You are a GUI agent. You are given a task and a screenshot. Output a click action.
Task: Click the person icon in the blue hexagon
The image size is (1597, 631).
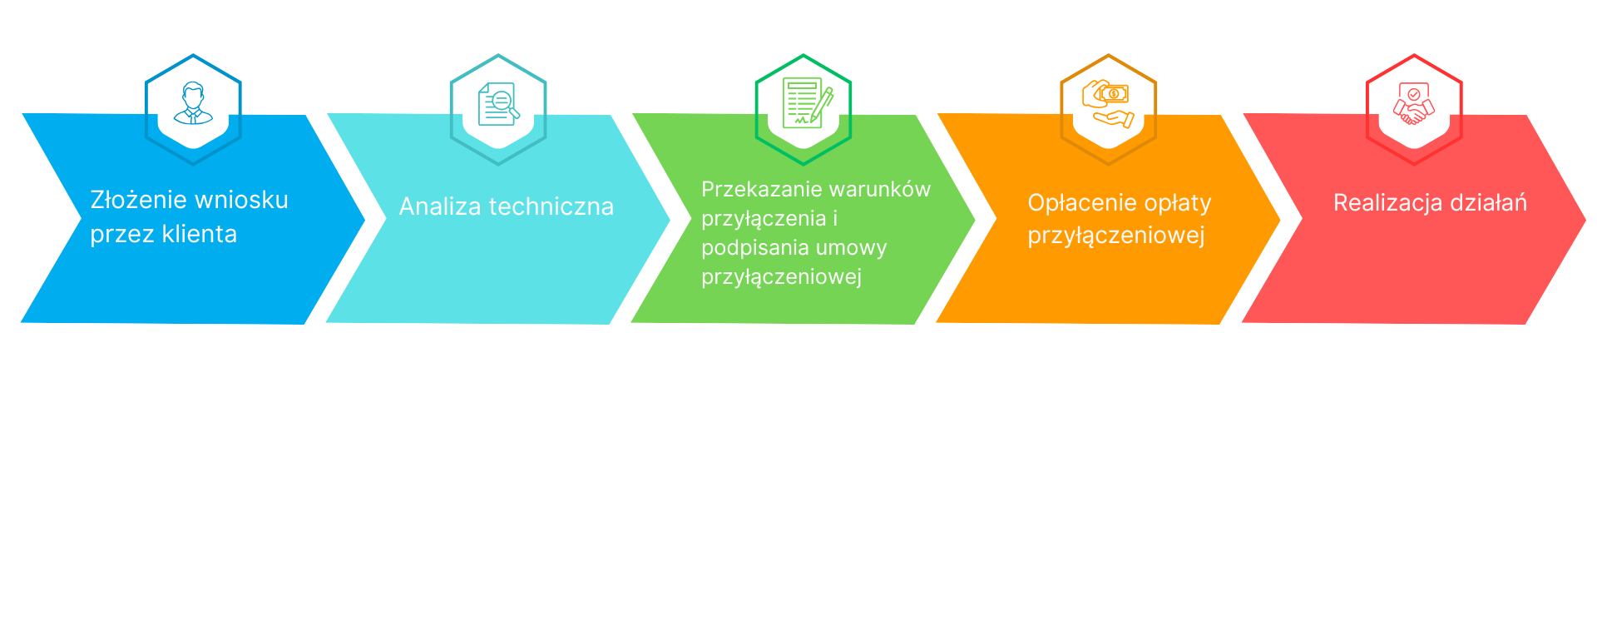coord(193,103)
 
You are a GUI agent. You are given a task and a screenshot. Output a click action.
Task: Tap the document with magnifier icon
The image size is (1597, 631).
coord(498,104)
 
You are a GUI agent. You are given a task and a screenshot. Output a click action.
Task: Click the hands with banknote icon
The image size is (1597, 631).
coord(1109,104)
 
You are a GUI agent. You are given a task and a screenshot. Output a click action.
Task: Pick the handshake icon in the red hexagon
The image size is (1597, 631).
coord(1414,104)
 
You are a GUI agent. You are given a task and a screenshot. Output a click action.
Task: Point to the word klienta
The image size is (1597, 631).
coord(200,234)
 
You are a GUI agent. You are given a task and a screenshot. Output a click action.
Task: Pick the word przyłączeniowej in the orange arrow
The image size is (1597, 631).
coord(1116,236)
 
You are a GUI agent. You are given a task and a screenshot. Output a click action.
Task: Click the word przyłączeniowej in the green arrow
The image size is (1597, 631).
coord(782,277)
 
